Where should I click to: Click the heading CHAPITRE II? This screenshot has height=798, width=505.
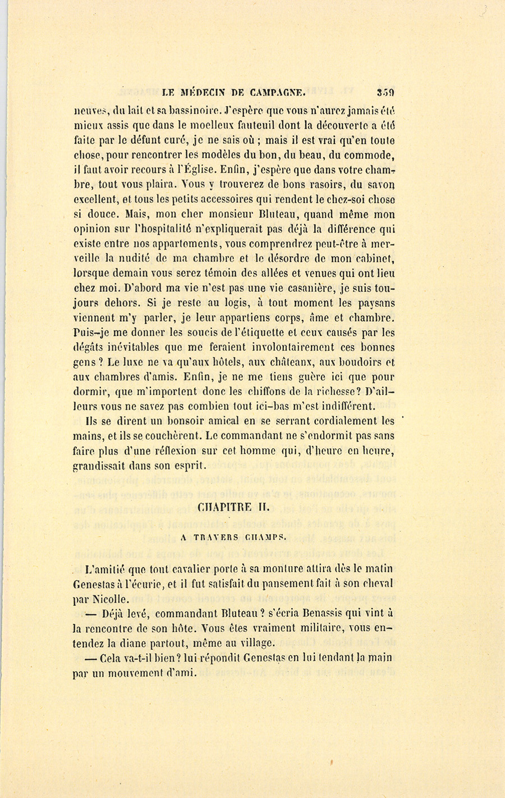[233, 507]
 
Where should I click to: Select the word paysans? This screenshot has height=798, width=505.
[376, 303]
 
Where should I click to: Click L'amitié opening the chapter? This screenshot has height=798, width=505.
[102, 569]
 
